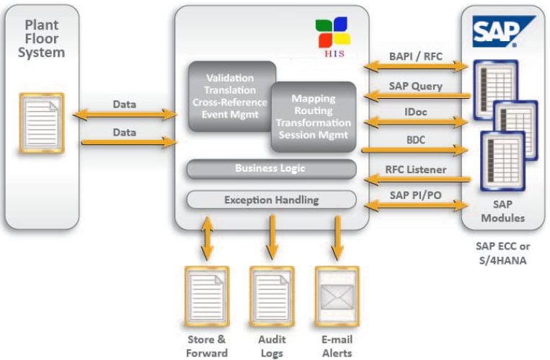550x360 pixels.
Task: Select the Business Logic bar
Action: pyautogui.click(x=271, y=169)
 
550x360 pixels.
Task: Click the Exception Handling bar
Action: pyautogui.click(x=271, y=200)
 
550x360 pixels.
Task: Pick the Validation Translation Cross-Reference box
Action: pyautogui.click(x=230, y=95)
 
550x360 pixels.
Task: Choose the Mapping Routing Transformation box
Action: pyautogui.click(x=313, y=116)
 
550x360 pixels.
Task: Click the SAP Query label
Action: pyautogui.click(x=415, y=87)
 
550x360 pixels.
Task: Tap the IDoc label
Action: pyautogui.click(x=415, y=113)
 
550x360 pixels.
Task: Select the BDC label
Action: pyautogui.click(x=415, y=139)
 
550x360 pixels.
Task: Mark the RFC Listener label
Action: pyautogui.click(x=415, y=170)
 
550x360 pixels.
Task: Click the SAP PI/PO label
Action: pyautogui.click(x=415, y=195)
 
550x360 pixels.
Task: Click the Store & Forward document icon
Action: pyautogui.click(x=206, y=296)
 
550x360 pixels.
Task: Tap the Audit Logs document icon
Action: pyautogui.click(x=272, y=296)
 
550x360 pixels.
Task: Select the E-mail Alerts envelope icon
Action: pyautogui.click(x=337, y=296)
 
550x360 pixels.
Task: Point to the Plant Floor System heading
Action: pyautogui.click(x=42, y=40)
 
